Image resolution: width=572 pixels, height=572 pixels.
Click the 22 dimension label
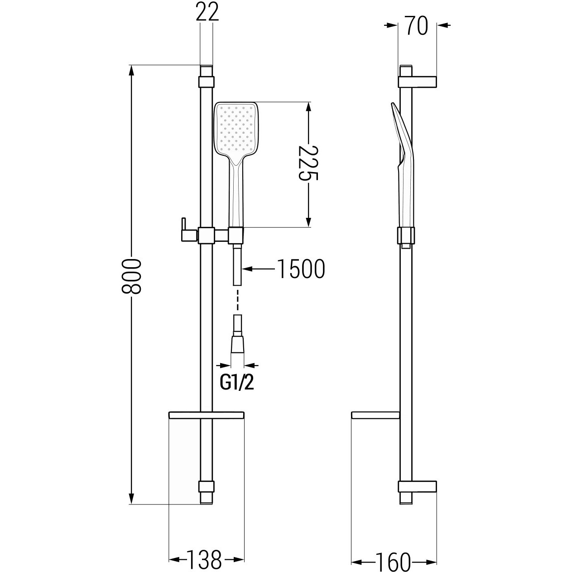pyautogui.click(x=207, y=12)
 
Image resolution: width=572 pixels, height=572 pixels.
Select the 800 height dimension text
pyautogui.click(x=131, y=276)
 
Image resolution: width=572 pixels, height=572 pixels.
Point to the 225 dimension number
pyautogui.click(x=308, y=163)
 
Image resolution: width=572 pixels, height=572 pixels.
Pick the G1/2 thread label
pyautogui.click(x=237, y=383)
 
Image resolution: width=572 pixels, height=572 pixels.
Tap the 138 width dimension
pyautogui.click(x=204, y=559)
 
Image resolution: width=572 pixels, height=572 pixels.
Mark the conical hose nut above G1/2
pyautogui.click(x=237, y=345)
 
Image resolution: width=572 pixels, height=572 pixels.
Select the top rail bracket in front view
pyautogui.click(x=207, y=82)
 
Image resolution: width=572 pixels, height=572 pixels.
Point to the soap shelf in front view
pyautogui.click(x=207, y=415)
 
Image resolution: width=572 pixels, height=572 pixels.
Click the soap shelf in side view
pyautogui.click(x=375, y=415)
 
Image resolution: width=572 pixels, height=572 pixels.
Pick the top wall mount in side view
pyautogui.click(x=418, y=82)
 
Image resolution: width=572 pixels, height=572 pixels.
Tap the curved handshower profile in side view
pyautogui.click(x=403, y=166)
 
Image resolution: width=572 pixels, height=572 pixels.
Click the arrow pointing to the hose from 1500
pyautogui.click(x=259, y=269)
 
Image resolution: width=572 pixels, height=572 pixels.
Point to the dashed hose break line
pyautogui.click(x=237, y=299)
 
